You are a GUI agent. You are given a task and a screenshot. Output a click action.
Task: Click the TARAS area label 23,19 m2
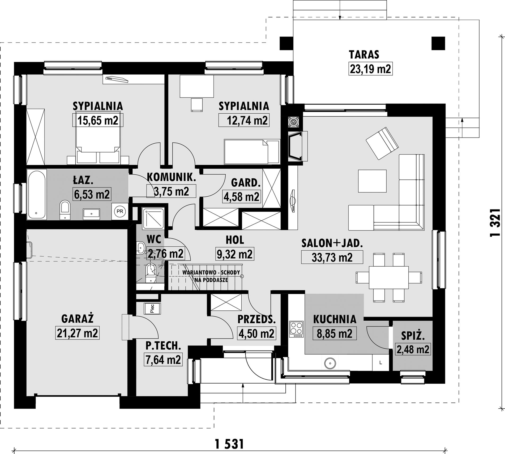370,69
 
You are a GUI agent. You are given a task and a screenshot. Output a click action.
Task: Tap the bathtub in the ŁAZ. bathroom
37,194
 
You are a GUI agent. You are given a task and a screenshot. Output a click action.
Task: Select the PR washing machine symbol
120,211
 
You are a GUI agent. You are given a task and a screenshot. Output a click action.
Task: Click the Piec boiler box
152,309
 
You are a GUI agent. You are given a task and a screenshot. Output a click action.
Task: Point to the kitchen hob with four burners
297,329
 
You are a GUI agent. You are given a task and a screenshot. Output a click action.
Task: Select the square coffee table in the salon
372,181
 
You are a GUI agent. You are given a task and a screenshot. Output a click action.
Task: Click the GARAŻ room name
77,319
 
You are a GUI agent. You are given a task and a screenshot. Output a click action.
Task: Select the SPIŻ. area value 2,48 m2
413,349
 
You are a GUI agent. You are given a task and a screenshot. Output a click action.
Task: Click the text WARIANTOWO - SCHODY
211,272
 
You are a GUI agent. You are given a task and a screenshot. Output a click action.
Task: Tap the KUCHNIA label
335,319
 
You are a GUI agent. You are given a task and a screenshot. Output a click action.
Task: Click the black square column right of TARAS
438,43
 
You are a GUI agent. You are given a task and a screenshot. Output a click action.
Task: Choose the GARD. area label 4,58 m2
241,197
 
